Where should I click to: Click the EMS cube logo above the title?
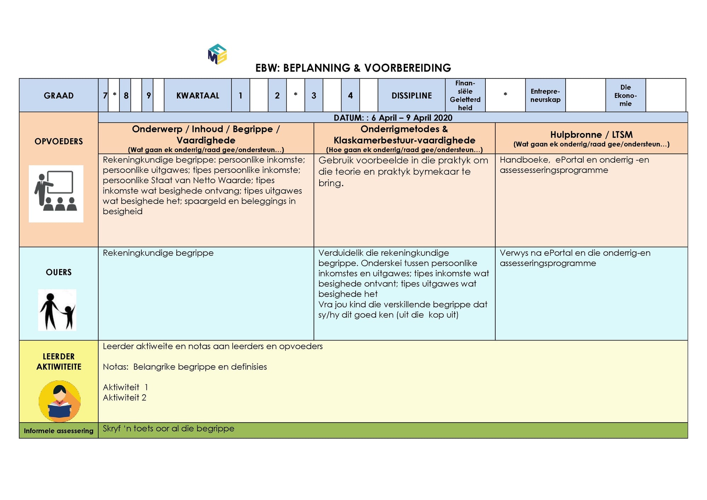pyautogui.click(x=217, y=54)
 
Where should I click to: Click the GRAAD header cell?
pyautogui.click(x=59, y=95)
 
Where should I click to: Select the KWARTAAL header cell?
pyautogui.click(x=198, y=95)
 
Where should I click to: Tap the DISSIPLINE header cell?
pyautogui.click(x=411, y=95)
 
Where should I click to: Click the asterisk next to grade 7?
pyautogui.click(x=114, y=95)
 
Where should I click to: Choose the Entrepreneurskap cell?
pyautogui.click(x=545, y=95)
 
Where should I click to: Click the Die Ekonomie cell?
pyautogui.click(x=626, y=95)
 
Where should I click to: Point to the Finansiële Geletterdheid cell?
pyautogui.click(x=465, y=95)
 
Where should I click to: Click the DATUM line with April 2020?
pyautogui.click(x=393, y=118)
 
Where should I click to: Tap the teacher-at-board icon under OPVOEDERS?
pyautogui.click(x=56, y=194)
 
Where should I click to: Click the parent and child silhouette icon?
pyautogui.click(x=57, y=310)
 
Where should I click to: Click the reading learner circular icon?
pyautogui.click(x=59, y=401)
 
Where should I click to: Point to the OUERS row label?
pyautogui.click(x=59, y=272)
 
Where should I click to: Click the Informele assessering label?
pyautogui.click(x=59, y=431)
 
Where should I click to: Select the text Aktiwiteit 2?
pyautogui.click(x=124, y=397)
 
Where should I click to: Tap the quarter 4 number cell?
pyautogui.click(x=350, y=95)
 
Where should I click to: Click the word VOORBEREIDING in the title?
pyautogui.click(x=408, y=68)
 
